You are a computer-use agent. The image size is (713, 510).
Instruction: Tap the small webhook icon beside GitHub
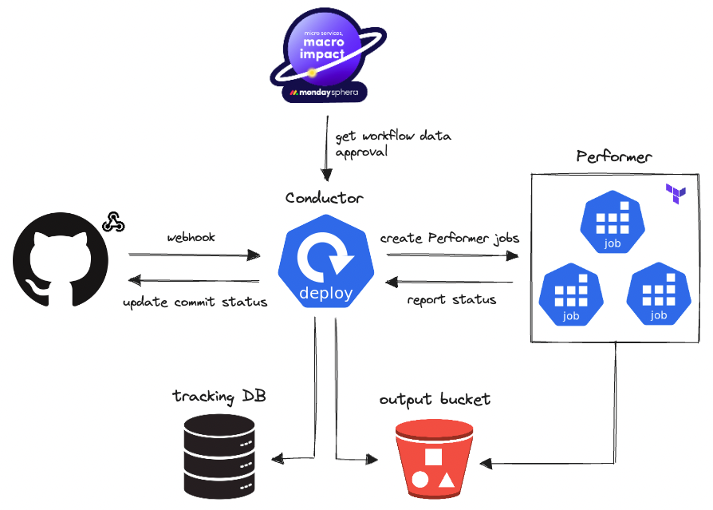click(112, 222)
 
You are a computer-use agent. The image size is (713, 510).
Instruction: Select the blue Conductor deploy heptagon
click(325, 261)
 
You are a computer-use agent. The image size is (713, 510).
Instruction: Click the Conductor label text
click(324, 198)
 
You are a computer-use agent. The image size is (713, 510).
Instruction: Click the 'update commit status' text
click(195, 302)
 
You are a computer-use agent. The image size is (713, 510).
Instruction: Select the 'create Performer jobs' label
click(450, 238)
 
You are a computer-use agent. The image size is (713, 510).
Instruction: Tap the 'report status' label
click(451, 300)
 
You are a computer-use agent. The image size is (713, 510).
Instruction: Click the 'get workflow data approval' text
click(392, 144)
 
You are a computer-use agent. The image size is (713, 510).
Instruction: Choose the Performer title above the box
click(613, 156)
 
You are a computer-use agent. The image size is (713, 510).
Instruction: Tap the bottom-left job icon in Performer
click(570, 295)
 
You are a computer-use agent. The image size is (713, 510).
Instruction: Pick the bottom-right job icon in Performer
click(658, 295)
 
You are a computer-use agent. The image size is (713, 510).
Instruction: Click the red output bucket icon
click(434, 462)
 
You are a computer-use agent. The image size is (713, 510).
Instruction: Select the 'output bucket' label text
click(435, 399)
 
